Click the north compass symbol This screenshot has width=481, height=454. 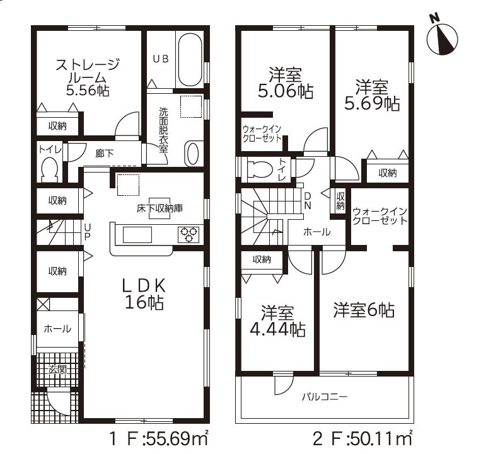[x=442, y=37]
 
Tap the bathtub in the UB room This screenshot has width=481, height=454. [x=190, y=60]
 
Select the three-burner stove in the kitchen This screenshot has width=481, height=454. [x=188, y=235]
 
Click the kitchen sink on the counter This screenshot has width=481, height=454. [x=137, y=235]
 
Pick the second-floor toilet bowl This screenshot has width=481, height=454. [x=260, y=169]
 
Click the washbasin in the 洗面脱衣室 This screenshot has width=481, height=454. [x=193, y=154]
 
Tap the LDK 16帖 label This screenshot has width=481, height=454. [x=144, y=295]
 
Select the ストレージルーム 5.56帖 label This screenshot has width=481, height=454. [x=88, y=78]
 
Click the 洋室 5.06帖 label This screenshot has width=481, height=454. [x=286, y=82]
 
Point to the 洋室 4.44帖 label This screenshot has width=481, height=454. [x=277, y=321]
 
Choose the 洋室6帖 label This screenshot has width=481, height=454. [x=364, y=310]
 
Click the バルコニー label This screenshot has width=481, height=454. [x=325, y=397]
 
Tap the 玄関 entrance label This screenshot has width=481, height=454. [x=57, y=369]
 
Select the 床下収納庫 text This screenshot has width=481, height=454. [x=160, y=208]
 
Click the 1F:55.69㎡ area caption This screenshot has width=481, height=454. [x=159, y=439]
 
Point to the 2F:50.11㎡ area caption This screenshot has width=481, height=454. [x=362, y=439]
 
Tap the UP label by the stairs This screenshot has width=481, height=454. [x=88, y=232]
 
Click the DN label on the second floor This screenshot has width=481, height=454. [x=308, y=201]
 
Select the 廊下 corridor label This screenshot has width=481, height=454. [x=104, y=154]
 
